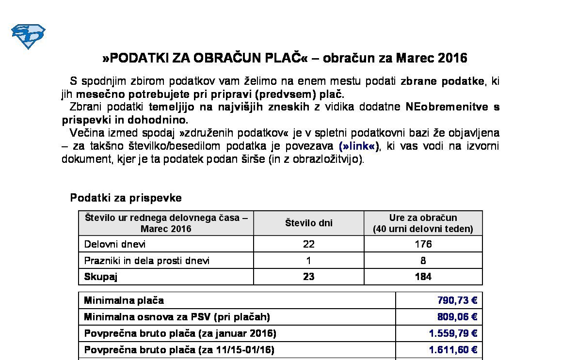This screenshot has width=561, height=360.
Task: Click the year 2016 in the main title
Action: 452,58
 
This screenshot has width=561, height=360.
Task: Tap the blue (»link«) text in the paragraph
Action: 359,146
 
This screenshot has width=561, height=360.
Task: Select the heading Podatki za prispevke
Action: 126,198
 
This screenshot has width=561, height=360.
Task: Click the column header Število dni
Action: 308,223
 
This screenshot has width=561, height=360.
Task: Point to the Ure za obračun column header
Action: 423,223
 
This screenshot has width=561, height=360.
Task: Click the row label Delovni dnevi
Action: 114,244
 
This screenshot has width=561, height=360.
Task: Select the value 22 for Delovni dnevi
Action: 308,244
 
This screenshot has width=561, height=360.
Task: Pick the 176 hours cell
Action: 423,244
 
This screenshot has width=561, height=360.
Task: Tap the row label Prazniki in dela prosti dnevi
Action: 147,261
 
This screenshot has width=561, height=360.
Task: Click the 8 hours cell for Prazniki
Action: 423,261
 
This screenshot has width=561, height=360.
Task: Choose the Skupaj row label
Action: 100,277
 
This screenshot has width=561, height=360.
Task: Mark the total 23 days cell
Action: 308,277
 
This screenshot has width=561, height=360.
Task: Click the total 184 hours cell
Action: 423,277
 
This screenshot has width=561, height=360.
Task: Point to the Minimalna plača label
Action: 124,300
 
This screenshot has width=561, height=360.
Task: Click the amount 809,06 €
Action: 457,317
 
